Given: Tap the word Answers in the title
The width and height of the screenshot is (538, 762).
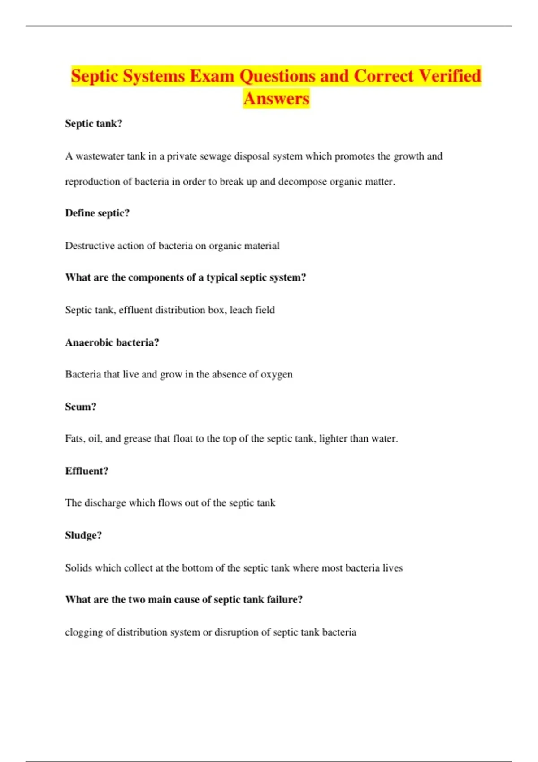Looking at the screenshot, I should pos(276,99).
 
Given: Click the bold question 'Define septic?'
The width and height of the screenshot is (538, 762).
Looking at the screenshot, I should pos(97,213).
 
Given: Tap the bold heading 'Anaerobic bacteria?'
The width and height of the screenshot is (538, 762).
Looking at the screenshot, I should pos(112,342).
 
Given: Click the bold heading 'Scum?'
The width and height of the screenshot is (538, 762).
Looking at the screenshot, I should pos(81,407).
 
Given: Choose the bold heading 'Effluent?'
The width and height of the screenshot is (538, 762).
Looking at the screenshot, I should pos(87,471).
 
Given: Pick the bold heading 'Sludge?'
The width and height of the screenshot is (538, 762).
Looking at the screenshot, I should pos(83,535).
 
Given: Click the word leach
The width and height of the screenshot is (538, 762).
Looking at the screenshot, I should pos(241,310).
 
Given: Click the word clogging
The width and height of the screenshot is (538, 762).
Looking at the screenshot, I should pos(83,632).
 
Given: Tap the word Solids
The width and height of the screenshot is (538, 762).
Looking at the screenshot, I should pos(78,568).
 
